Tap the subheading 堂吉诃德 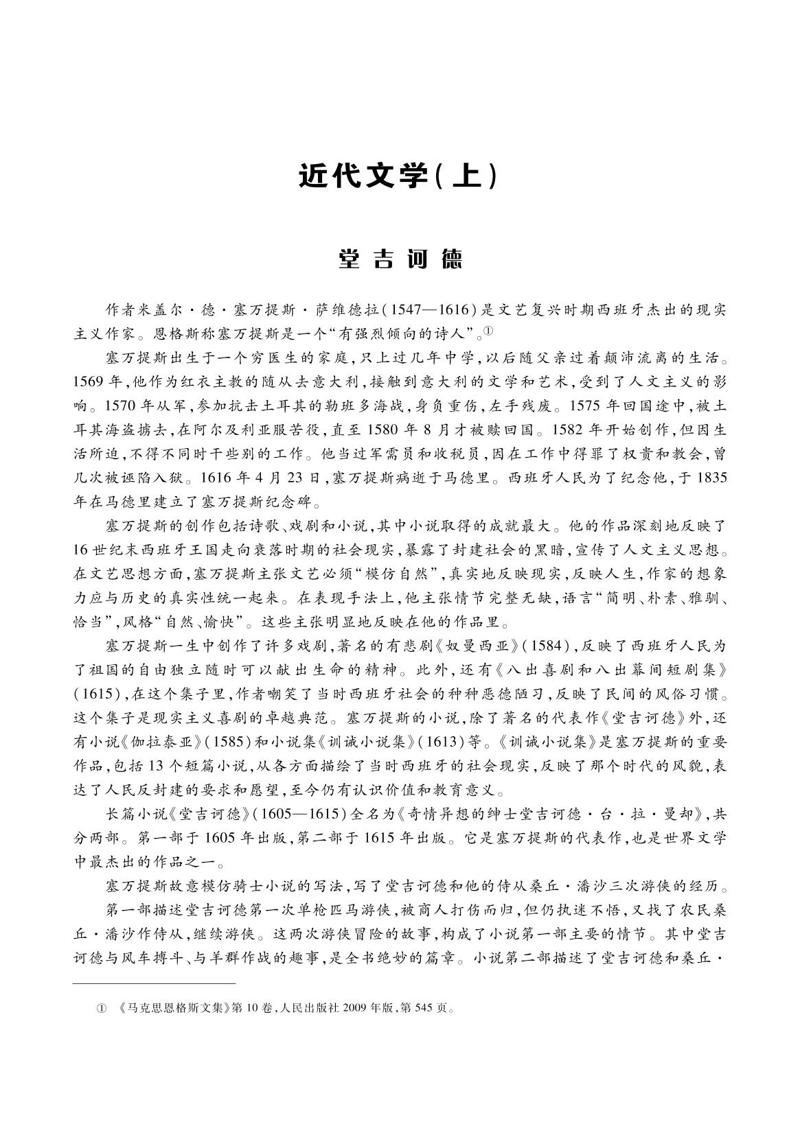(x=400, y=259)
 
